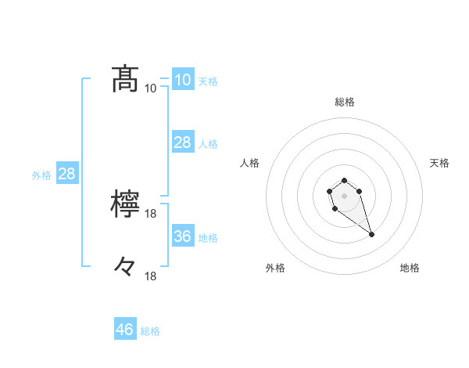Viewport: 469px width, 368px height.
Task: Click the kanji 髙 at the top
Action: click(x=125, y=78)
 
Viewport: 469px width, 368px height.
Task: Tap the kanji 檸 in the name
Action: click(x=125, y=204)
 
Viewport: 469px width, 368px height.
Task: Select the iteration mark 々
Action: click(x=125, y=267)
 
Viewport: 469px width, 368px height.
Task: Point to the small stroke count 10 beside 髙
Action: click(x=151, y=88)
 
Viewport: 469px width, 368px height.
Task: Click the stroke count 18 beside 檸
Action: click(x=151, y=214)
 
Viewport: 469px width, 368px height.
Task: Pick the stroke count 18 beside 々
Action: click(x=151, y=276)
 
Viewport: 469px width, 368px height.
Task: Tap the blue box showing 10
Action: click(x=182, y=79)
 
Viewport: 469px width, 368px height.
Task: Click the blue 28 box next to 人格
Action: click(x=182, y=142)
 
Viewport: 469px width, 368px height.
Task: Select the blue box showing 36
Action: click(x=182, y=236)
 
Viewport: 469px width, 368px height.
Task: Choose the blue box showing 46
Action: click(x=125, y=330)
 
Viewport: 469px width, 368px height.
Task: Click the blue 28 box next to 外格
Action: click(x=66, y=174)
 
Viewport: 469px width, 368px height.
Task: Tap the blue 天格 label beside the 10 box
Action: click(x=208, y=81)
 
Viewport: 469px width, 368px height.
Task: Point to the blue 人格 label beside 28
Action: click(x=208, y=144)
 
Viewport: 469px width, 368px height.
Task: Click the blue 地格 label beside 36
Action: click(x=208, y=238)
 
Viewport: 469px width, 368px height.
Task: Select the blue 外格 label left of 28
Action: click(x=41, y=176)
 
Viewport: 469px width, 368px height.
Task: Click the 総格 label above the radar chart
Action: click(x=345, y=102)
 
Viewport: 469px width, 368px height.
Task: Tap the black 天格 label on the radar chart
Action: click(x=440, y=163)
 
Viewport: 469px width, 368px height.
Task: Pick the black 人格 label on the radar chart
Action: click(x=250, y=163)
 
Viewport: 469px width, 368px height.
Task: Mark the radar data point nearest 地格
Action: click(x=371, y=235)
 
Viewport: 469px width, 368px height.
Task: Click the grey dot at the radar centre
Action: click(x=344, y=194)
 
